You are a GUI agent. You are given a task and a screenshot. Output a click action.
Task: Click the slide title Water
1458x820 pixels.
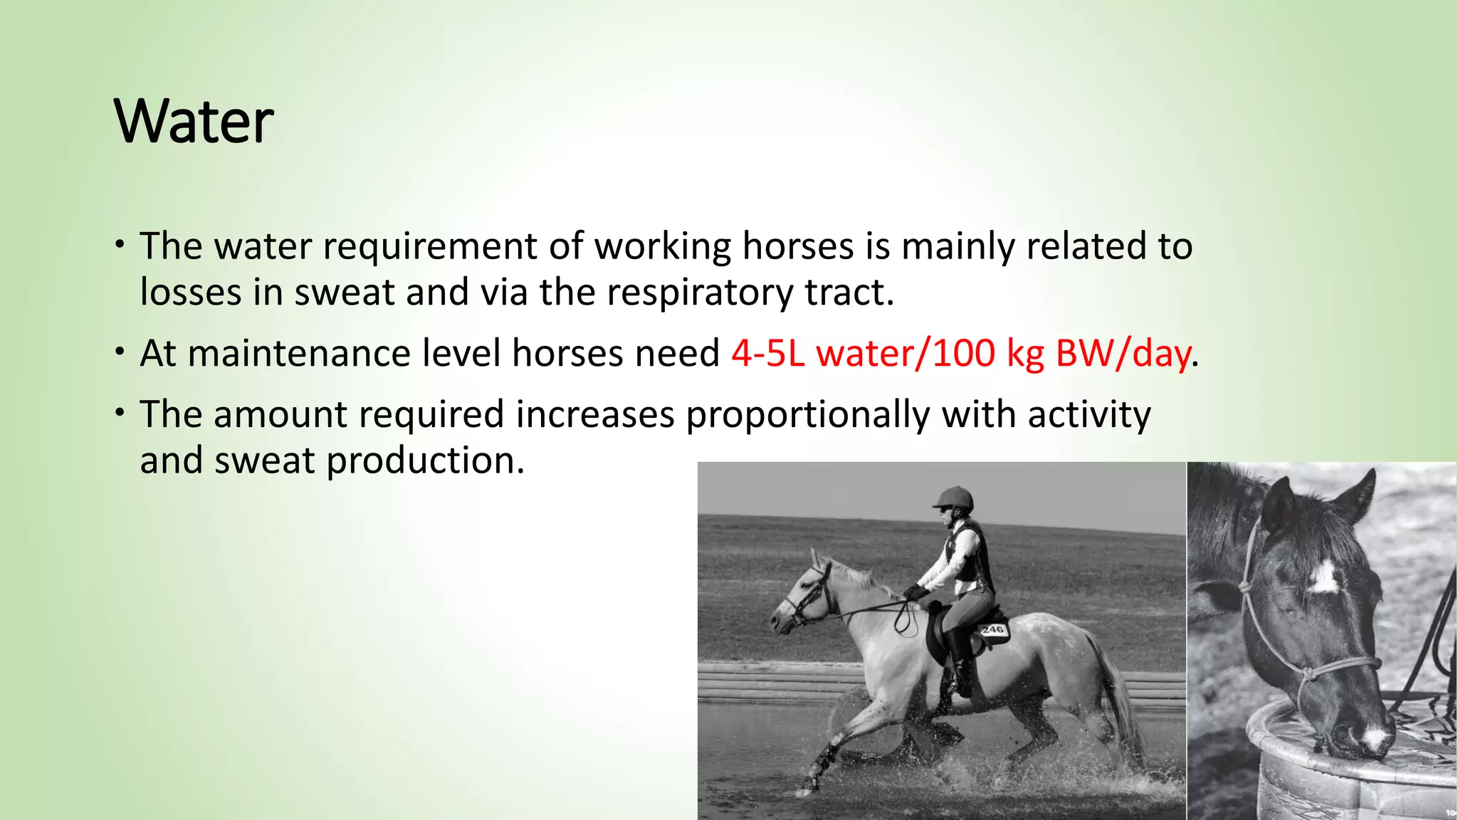tap(193, 122)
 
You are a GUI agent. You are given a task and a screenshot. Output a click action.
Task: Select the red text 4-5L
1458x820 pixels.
tap(767, 354)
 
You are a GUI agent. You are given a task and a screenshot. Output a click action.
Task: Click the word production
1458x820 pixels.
tap(425, 461)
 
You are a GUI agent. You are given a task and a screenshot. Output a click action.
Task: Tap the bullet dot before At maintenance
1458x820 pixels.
tap(120, 351)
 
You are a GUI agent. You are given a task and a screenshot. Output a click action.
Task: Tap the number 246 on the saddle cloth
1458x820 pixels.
tap(992, 629)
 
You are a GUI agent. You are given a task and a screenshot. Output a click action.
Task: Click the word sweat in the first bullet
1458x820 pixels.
tap(344, 293)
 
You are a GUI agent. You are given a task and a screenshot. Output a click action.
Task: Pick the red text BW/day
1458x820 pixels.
tap(1123, 354)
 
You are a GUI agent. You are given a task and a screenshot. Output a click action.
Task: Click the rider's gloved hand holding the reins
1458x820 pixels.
tap(914, 592)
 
